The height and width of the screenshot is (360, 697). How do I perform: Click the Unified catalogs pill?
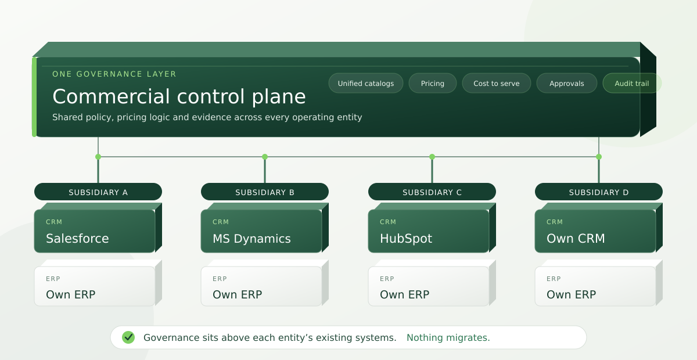pyautogui.click(x=366, y=83)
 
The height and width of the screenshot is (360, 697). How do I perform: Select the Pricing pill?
pyautogui.click(x=433, y=83)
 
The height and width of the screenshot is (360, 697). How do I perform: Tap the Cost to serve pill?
pyautogui.click(x=496, y=83)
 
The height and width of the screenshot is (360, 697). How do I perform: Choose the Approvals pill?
pyautogui.click(x=567, y=83)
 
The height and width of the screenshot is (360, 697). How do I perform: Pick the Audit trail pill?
pyautogui.click(x=632, y=83)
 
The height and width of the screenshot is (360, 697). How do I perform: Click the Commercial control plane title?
pyautogui.click(x=179, y=96)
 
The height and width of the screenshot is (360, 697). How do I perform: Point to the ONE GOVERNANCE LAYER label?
pyautogui.click(x=114, y=74)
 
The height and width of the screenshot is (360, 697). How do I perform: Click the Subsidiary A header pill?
pyautogui.click(x=98, y=192)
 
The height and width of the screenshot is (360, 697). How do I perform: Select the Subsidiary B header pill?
pyautogui.click(x=265, y=192)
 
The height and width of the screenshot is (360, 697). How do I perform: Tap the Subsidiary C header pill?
pyautogui.click(x=432, y=192)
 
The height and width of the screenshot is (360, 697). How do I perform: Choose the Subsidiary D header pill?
pyautogui.click(x=599, y=192)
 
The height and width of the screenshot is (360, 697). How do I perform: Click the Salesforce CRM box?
pyautogui.click(x=95, y=231)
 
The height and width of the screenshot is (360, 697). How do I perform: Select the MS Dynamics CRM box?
pyautogui.click(x=261, y=231)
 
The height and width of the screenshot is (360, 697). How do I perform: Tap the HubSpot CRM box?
pyautogui.click(x=429, y=231)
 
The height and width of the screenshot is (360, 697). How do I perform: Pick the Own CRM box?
pyautogui.click(x=595, y=231)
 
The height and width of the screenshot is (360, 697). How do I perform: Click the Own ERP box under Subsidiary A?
pyautogui.click(x=95, y=286)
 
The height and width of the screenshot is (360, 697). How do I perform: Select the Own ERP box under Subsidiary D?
pyautogui.click(x=595, y=286)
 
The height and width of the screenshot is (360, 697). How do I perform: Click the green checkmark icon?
pyautogui.click(x=128, y=337)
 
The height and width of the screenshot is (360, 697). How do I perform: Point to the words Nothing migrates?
pyautogui.click(x=448, y=337)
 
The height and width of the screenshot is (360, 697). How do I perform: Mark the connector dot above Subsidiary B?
pyautogui.click(x=265, y=157)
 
